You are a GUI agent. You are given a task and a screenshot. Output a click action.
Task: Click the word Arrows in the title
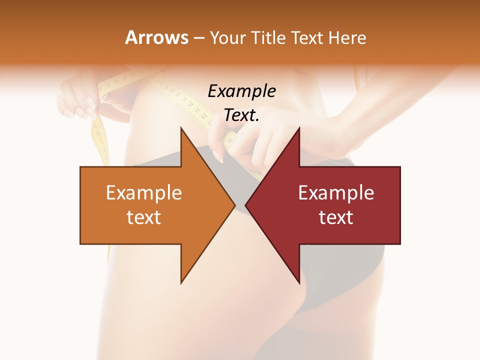tap(156, 38)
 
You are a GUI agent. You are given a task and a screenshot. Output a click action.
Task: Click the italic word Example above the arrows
tap(241, 91)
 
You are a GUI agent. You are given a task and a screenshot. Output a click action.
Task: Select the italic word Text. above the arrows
tap(241, 115)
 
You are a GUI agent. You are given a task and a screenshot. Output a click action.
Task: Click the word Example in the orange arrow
tap(144, 193)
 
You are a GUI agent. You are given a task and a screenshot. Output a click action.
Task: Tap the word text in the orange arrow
tap(144, 217)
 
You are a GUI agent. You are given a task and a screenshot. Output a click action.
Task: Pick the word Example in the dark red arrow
tap(336, 193)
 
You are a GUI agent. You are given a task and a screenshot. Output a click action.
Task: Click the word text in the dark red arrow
tap(336, 217)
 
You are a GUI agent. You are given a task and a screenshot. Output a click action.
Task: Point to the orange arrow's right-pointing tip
tap(234, 205)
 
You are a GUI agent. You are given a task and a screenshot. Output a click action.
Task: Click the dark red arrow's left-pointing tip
tap(246, 205)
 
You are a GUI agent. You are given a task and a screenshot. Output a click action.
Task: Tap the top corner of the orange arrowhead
tap(182, 128)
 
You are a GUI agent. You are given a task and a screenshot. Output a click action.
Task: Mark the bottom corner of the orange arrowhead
tap(182, 282)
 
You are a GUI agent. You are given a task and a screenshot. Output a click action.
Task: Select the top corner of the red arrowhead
tap(298, 128)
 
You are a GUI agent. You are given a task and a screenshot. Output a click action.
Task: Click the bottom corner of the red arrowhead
tap(298, 282)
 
